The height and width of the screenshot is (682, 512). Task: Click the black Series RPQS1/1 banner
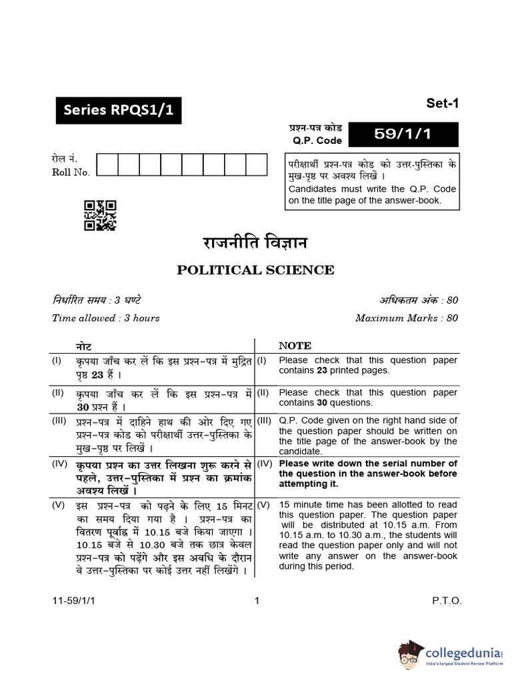[119, 111]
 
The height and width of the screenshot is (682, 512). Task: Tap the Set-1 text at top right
[443, 103]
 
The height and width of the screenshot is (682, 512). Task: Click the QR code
[100, 216]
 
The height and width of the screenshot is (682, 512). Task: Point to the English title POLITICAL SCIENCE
[255, 270]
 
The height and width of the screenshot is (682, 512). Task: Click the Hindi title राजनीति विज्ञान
[255, 242]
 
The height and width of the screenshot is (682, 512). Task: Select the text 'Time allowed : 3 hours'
[106, 318]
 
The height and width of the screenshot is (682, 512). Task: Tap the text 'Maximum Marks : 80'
[407, 318]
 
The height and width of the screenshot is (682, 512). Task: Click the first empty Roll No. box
[107, 165]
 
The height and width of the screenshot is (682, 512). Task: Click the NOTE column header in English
[295, 346]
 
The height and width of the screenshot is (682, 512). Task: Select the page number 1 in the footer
[256, 601]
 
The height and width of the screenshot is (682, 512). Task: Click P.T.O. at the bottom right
[447, 601]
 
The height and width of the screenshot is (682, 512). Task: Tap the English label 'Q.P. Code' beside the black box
[317, 141]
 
